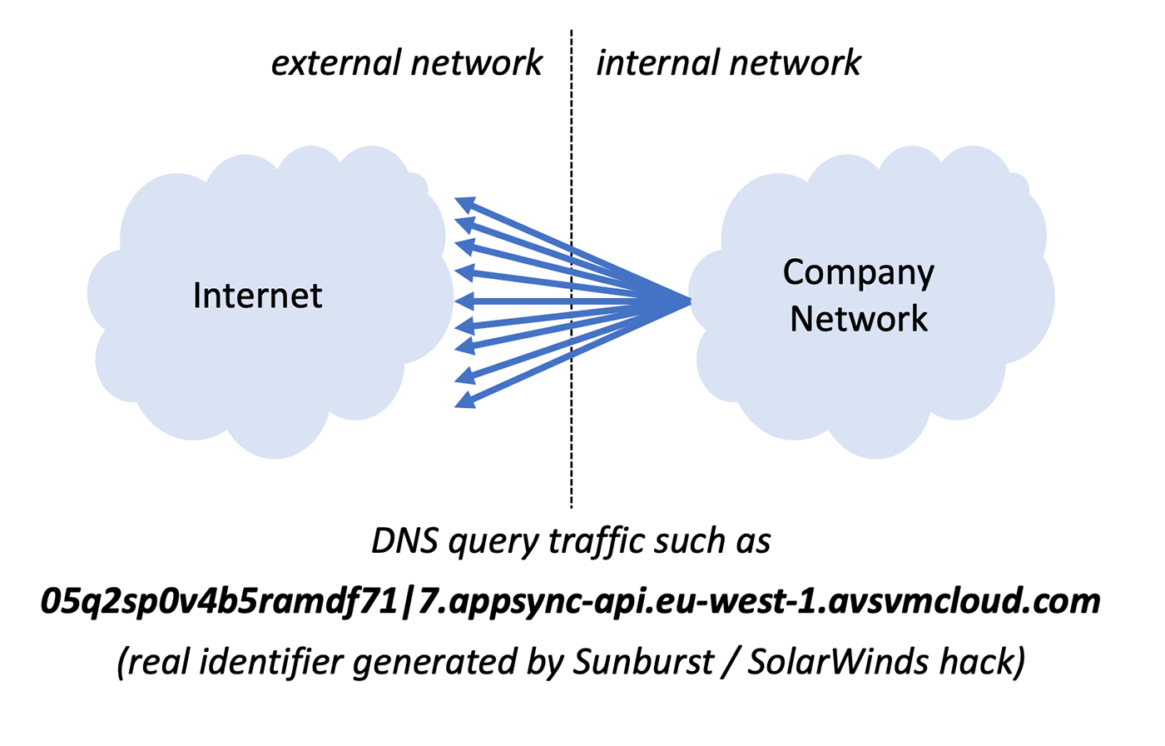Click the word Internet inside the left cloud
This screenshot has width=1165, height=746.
point(257,296)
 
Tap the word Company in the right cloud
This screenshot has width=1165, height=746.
point(858,274)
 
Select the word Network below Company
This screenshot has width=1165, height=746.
point(858,319)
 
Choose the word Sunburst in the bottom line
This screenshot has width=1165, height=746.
point(643,662)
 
